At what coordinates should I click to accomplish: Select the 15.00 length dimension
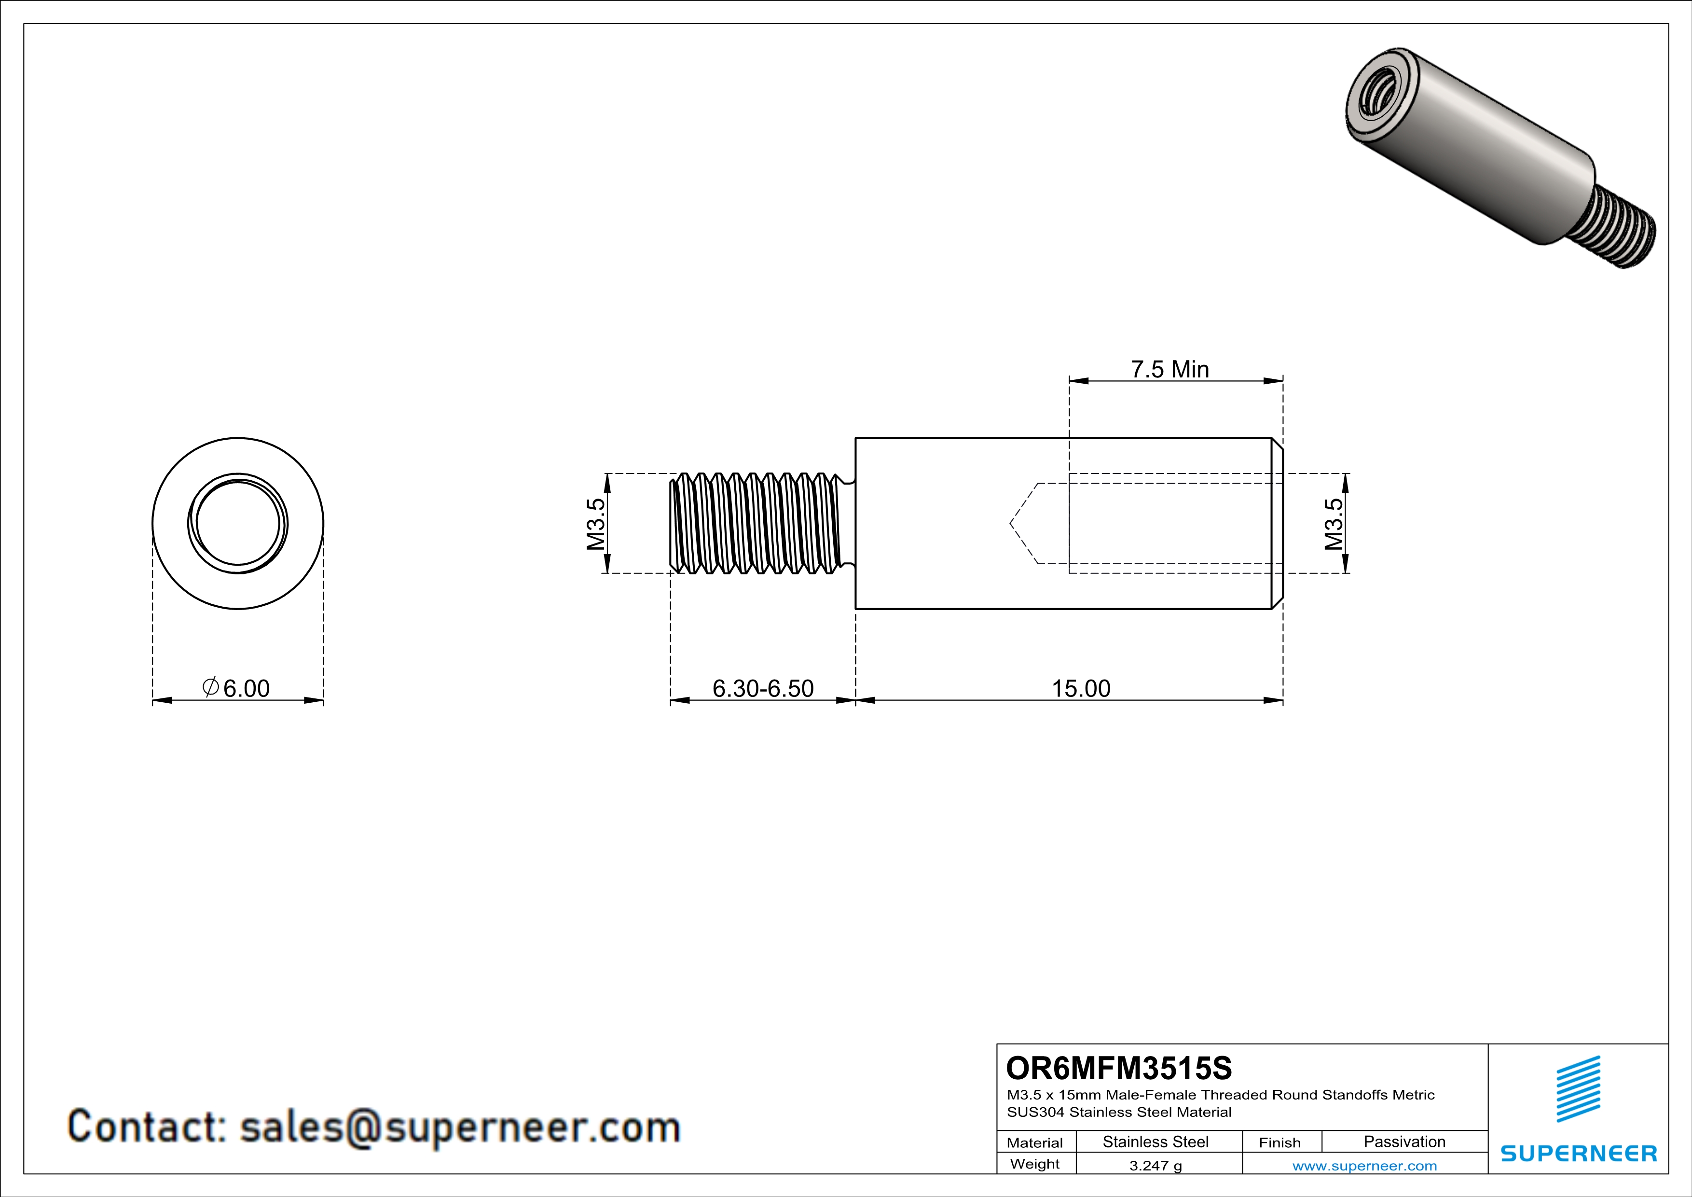(1080, 688)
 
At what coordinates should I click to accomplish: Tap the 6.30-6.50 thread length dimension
(763, 688)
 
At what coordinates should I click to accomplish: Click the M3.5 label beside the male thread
(595, 524)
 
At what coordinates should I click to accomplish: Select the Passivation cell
(1404, 1141)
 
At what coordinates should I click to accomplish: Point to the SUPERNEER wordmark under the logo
(1579, 1154)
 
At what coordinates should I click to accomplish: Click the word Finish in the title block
(1279, 1142)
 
